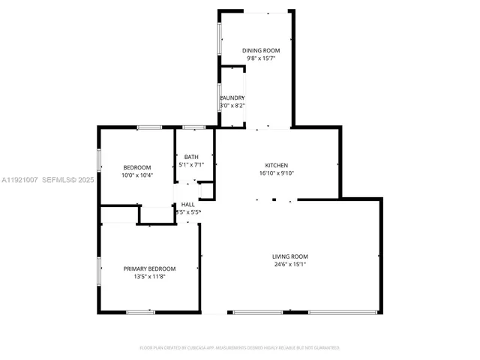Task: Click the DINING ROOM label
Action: pos(255,50)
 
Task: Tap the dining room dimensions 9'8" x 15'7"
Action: pos(255,58)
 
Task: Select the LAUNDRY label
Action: pos(232,98)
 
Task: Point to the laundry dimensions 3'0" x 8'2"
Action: pos(232,106)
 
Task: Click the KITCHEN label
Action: pos(276,166)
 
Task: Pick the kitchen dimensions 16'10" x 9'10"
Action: pos(276,173)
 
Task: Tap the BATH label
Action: pos(190,157)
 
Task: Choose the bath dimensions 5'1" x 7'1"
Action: pos(190,164)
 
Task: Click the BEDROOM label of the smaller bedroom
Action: pos(137,167)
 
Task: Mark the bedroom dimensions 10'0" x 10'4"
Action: pos(137,175)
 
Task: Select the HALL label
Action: pos(187,204)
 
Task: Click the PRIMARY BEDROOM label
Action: pos(149,268)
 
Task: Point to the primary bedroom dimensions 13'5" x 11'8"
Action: pos(149,277)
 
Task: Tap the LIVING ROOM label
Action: pos(289,256)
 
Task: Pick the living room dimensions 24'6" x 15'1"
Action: pos(289,264)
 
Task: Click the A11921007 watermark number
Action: pos(19,180)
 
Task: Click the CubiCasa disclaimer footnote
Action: pos(240,348)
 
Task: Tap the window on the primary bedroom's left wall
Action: pos(100,271)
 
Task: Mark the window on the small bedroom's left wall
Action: pos(100,160)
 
